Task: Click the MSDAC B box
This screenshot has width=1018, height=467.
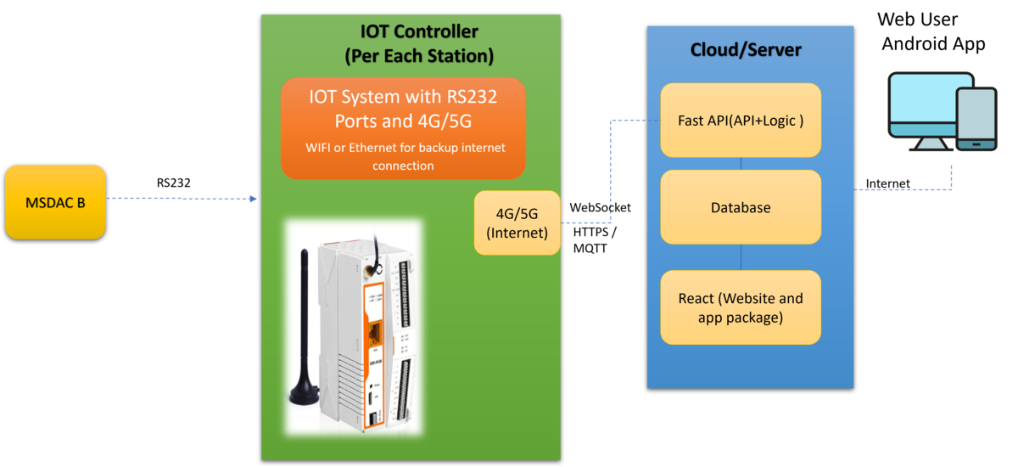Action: point(55,202)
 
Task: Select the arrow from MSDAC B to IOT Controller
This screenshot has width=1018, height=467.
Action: point(182,199)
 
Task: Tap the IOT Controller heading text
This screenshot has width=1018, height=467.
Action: point(419,32)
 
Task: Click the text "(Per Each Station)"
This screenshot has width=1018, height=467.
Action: point(419,57)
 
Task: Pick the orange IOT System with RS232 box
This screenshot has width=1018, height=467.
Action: point(403,128)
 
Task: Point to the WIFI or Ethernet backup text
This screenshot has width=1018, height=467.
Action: point(405,156)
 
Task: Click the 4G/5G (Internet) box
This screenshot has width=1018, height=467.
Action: point(517,222)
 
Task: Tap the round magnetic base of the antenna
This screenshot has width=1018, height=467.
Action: point(304,396)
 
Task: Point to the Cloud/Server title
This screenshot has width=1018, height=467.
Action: point(746,50)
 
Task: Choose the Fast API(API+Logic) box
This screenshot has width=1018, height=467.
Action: point(741,120)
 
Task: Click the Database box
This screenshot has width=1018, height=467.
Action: point(741,207)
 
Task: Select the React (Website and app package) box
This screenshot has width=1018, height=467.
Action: point(741,307)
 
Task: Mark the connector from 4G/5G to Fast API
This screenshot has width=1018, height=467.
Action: point(610,170)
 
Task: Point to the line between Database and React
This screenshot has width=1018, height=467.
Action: point(742,257)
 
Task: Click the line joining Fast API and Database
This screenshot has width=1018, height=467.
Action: point(742,164)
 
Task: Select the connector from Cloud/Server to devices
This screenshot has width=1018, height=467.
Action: point(903,188)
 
